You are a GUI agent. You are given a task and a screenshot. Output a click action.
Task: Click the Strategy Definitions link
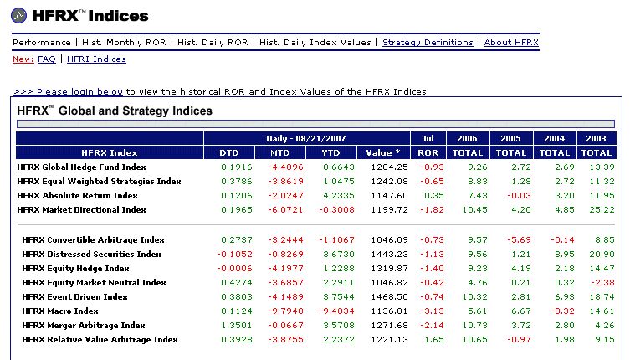428,43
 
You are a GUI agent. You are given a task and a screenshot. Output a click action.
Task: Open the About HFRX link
511,42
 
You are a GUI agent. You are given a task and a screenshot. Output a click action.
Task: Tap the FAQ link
47,59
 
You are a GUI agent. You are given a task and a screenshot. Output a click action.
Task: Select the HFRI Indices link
96,59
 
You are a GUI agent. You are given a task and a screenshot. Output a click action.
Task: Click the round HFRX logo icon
19,16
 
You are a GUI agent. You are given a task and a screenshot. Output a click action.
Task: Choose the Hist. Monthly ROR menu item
124,42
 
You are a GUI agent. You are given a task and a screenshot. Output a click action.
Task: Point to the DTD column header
229,153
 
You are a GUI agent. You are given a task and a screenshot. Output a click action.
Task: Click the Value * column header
383,153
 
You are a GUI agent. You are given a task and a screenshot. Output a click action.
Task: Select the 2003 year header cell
596,138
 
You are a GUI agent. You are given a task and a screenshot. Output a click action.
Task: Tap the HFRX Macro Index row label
60,311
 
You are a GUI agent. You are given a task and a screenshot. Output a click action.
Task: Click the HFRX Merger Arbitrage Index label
83,325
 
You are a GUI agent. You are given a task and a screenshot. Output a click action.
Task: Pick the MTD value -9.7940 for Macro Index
285,311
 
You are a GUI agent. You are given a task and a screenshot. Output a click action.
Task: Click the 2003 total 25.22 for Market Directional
602,209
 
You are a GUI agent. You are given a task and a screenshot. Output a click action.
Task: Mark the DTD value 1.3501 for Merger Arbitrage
237,325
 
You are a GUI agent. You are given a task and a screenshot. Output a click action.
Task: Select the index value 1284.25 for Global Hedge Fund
389,167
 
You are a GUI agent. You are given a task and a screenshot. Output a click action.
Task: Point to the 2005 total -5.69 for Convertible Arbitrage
519,239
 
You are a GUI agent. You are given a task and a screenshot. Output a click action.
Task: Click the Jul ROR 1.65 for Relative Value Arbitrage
434,339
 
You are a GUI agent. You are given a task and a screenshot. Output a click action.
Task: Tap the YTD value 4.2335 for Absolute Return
339,195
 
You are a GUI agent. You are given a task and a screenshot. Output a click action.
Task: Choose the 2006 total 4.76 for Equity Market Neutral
478,282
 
